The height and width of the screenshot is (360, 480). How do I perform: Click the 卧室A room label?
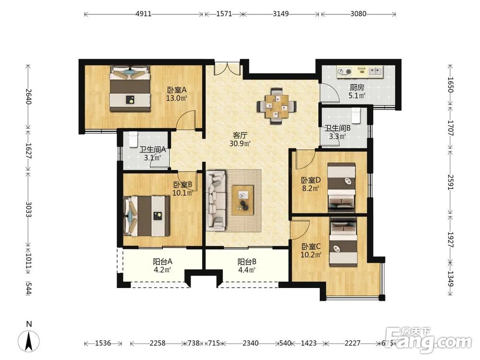tap(177, 90)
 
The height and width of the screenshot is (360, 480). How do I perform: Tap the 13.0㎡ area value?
tap(177, 98)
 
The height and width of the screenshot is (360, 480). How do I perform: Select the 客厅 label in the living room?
tap(240, 135)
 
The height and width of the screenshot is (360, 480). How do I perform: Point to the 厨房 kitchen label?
tap(357, 87)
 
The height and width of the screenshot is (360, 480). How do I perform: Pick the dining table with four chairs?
tap(276, 106)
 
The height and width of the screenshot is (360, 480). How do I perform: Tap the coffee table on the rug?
tap(243, 200)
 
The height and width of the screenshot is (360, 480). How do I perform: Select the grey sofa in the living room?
tap(216, 201)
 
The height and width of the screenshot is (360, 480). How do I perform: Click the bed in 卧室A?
tap(130, 88)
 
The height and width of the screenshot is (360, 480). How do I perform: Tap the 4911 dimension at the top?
tap(143, 14)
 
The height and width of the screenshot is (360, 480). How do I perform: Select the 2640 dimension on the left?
tap(28, 96)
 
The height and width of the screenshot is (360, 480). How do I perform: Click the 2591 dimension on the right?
tap(450, 182)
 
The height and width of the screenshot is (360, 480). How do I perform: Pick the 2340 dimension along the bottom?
tap(251, 343)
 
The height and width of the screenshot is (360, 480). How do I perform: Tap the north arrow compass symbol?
tap(29, 341)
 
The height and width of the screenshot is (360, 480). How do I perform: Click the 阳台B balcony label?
tap(247, 262)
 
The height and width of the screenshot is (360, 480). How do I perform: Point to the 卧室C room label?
tap(311, 246)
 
